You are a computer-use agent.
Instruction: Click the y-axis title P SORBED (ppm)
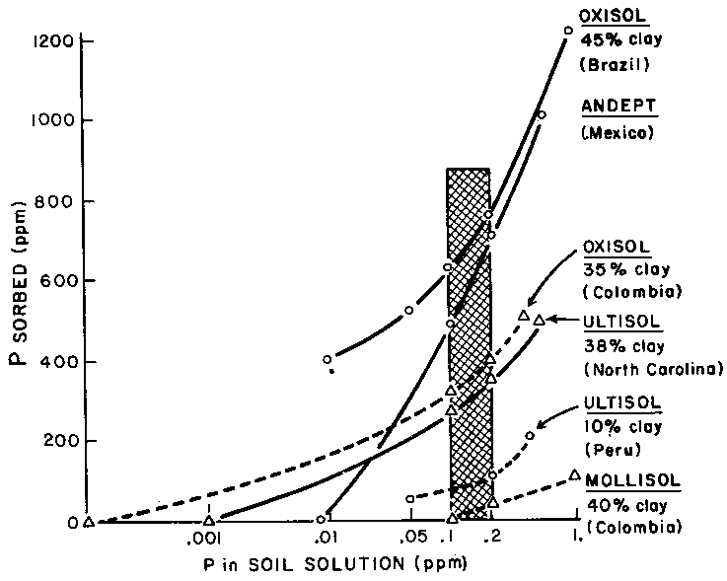[18, 281]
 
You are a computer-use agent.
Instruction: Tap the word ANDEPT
[612, 108]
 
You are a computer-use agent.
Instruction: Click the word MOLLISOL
[631, 482]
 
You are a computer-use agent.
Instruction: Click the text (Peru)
[616, 449]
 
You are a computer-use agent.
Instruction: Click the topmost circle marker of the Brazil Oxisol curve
[567, 31]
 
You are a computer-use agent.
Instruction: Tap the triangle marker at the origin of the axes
[89, 521]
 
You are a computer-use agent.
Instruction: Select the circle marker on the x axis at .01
[322, 519]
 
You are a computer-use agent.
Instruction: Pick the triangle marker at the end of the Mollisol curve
[575, 474]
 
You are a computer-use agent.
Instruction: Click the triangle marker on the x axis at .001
[209, 520]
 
